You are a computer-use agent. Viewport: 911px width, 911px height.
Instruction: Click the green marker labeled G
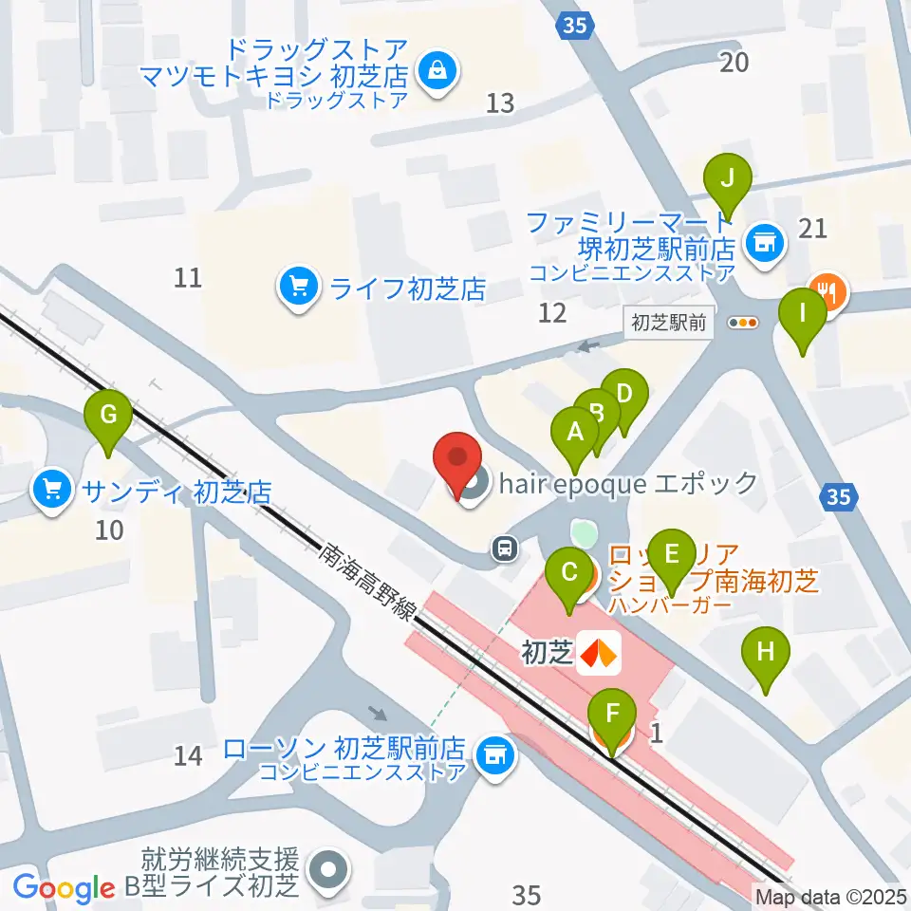(108, 415)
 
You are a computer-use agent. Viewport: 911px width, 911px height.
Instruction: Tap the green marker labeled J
(728, 177)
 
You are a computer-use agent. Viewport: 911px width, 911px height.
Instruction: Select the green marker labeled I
(802, 312)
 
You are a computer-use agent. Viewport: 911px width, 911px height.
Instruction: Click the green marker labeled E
(672, 552)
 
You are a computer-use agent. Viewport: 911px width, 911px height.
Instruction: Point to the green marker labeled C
(570, 572)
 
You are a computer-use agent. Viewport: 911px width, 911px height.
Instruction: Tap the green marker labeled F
(612, 712)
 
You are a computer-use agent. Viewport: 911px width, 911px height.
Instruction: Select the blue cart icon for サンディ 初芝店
(51, 491)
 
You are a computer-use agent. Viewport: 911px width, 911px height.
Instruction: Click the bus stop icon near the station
(505, 547)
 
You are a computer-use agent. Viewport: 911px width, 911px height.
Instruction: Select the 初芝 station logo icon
(599, 653)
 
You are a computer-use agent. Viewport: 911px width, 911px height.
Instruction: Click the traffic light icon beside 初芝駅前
(743, 323)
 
